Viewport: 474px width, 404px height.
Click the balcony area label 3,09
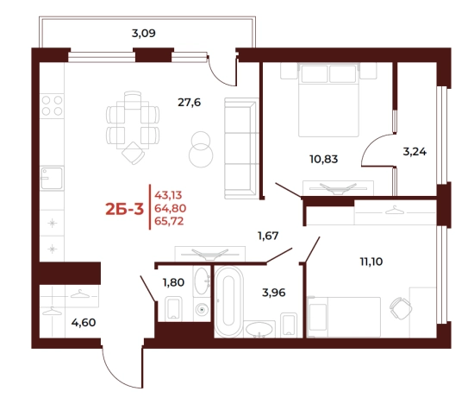point(144,33)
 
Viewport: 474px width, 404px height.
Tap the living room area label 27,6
point(190,103)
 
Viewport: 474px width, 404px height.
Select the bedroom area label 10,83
point(324,159)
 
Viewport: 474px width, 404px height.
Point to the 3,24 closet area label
point(415,151)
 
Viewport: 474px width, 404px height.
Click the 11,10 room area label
point(371,261)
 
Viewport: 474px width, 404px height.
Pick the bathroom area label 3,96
point(273,293)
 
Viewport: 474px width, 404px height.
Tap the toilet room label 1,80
point(173,282)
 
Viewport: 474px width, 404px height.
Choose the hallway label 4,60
point(84,323)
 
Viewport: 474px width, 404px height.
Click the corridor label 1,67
point(268,236)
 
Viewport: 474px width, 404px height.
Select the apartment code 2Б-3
point(125,209)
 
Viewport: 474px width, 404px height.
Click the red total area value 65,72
point(169,221)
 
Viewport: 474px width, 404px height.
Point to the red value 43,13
point(168,195)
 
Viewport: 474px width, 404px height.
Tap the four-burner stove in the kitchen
point(52,105)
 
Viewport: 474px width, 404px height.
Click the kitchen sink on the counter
point(52,178)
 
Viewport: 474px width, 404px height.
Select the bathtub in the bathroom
point(229,301)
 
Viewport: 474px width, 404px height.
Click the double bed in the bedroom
point(328,100)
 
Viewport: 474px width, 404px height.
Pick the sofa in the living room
point(241,148)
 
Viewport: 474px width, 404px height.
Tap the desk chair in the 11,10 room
point(401,308)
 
